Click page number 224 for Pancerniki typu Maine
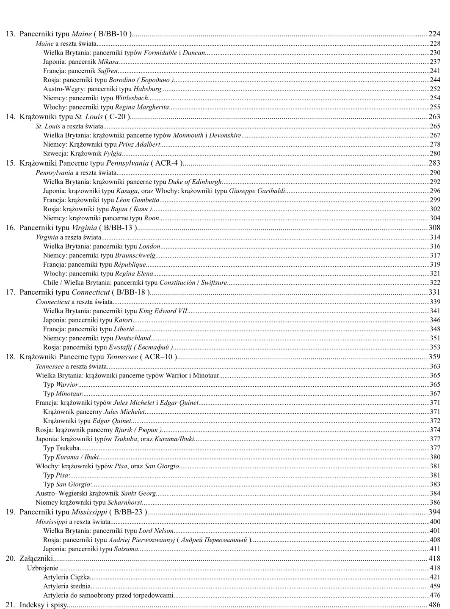434,34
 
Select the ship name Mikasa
108,62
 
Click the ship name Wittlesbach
132,98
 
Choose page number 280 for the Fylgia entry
435,153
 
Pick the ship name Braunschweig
135,255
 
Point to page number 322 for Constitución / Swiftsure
435,283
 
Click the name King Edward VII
163,311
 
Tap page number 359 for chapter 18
434,357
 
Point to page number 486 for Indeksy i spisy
434,605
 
